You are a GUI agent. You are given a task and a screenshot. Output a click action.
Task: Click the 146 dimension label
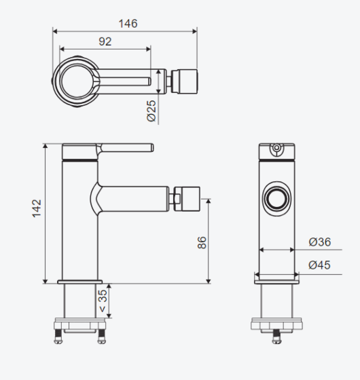coord(128,24)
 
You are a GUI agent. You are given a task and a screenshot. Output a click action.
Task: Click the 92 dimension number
coord(105,41)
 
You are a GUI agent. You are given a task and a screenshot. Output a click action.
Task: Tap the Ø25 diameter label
coord(151,111)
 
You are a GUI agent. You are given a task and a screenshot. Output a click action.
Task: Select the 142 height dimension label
coord(37,208)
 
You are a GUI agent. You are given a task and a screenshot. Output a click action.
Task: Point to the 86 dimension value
coord(202,243)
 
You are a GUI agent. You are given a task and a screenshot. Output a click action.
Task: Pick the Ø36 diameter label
coord(320,242)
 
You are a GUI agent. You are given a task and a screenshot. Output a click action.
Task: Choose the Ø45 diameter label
coord(319,265)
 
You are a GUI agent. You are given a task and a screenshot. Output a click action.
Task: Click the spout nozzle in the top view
coord(184,81)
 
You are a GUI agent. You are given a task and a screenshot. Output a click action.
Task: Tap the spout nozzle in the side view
coord(187,199)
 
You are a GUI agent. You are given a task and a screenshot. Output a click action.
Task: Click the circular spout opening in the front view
coord(277,198)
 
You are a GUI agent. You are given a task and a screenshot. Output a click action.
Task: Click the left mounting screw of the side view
coord(58,337)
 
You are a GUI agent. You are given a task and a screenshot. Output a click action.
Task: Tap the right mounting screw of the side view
coord(102,337)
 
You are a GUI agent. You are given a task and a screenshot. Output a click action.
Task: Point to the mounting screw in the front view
coord(277,337)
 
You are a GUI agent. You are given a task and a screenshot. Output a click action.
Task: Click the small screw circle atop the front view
coord(276,147)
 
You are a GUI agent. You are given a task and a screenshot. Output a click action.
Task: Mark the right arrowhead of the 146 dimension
coord(194,31)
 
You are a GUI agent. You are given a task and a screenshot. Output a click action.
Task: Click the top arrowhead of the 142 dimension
coord(46,146)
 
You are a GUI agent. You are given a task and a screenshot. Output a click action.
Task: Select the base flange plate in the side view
coord(80,282)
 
